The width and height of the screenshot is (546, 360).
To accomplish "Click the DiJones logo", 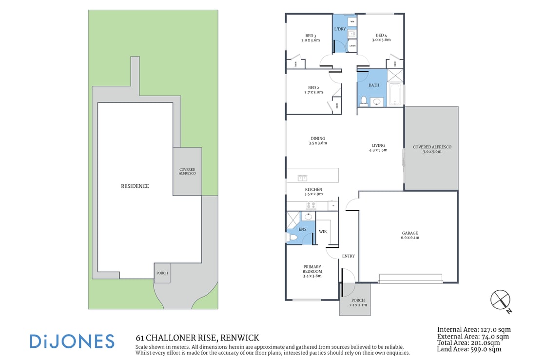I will coord(72,341).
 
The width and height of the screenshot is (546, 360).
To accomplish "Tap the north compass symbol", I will coord(500,300).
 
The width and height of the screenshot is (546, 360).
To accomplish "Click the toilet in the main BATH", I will coord(363,101).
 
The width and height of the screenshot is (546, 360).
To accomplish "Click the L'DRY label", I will coord(340,29).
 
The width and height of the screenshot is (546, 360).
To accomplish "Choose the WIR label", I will coord(323,231).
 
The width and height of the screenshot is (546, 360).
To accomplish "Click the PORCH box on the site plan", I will coord(162,273).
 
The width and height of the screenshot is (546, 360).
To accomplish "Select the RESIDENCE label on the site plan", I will coord(135,186).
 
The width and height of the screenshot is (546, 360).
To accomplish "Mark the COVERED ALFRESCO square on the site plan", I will coord(187,172).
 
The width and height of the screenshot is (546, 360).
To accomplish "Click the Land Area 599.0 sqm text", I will coord(469,349).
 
